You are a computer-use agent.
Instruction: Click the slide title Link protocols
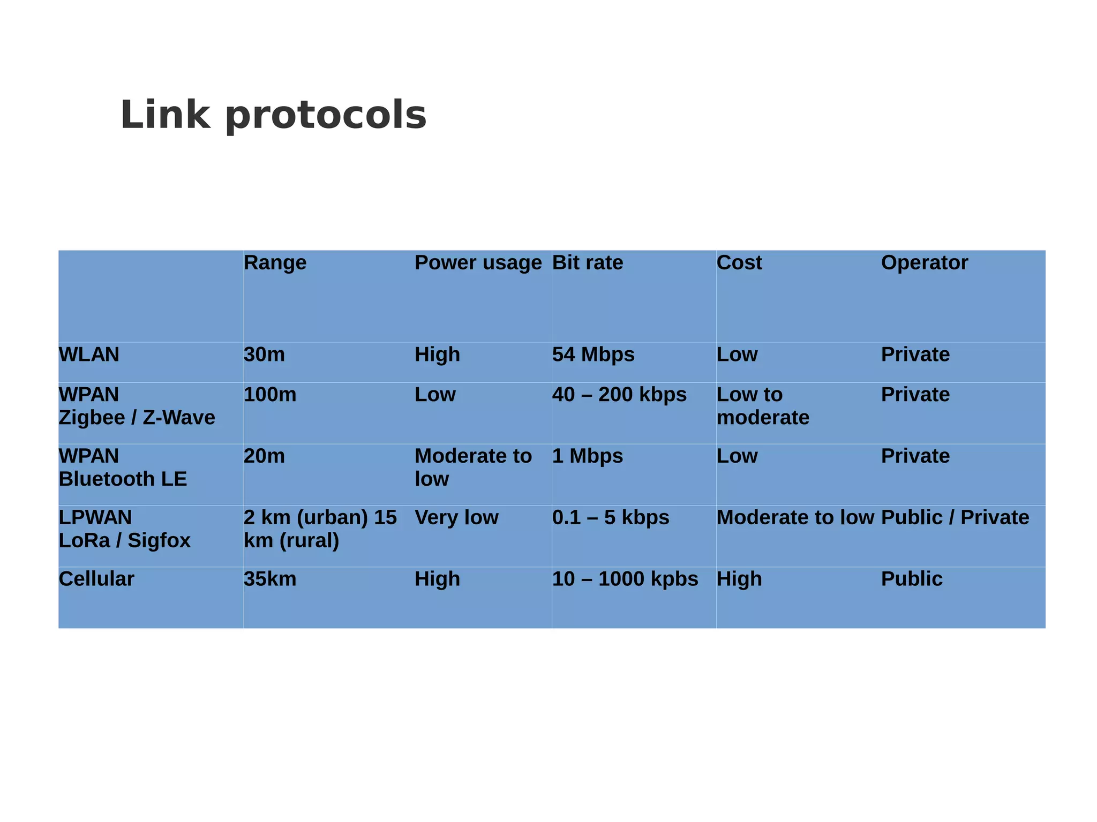pyautogui.click(x=273, y=115)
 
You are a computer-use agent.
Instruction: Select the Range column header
pyautogui.click(x=275, y=263)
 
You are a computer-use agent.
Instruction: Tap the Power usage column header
pyautogui.click(x=478, y=263)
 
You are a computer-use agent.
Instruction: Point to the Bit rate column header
pyautogui.click(x=588, y=263)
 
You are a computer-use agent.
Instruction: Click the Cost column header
pyautogui.click(x=739, y=263)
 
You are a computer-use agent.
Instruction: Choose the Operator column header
pyautogui.click(x=924, y=263)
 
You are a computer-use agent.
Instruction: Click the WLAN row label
pyautogui.click(x=89, y=355)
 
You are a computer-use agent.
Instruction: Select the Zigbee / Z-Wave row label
pyautogui.click(x=137, y=417)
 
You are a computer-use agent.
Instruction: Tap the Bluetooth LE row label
pyautogui.click(x=123, y=479)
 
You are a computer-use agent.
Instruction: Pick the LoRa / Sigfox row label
pyautogui.click(x=124, y=540)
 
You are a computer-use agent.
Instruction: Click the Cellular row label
pyautogui.click(x=96, y=579)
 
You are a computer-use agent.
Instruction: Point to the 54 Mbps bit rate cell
pyautogui.click(x=593, y=355)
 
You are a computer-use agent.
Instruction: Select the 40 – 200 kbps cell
pyautogui.click(x=619, y=395)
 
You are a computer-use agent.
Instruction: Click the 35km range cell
pyautogui.click(x=270, y=579)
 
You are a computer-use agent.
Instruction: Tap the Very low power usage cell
pyautogui.click(x=456, y=517)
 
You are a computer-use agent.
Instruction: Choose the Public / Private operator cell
pyautogui.click(x=955, y=517)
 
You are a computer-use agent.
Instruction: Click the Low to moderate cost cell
pyautogui.click(x=763, y=406)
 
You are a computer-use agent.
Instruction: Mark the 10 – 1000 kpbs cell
pyautogui.click(x=625, y=579)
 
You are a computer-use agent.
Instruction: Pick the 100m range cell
pyautogui.click(x=270, y=395)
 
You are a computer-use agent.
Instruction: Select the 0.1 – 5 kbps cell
pyautogui.click(x=611, y=517)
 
